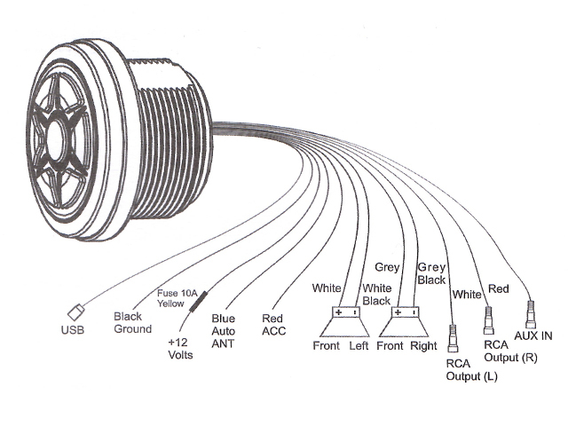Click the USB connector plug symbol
click(x=76, y=312)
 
